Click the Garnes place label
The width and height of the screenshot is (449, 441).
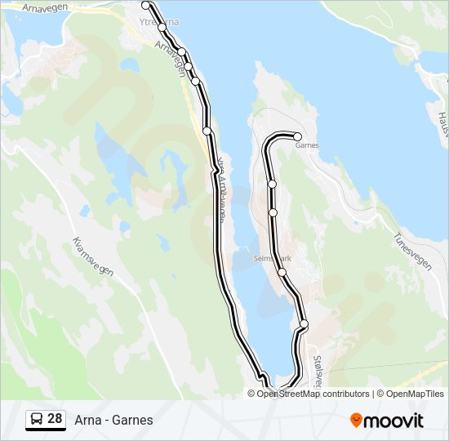[307, 145]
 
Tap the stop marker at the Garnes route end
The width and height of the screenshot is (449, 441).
[298, 136]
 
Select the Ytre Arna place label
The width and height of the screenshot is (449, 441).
[159, 22]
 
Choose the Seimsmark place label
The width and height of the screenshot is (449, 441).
[271, 257]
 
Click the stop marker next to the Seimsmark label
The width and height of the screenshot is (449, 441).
[282, 272]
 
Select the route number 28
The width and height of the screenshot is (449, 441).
[55, 419]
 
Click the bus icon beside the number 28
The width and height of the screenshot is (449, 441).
[37, 420]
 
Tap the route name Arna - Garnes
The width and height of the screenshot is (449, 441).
[113, 421]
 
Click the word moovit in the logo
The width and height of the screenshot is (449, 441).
[394, 421]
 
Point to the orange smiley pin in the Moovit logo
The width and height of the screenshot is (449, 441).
[357, 421]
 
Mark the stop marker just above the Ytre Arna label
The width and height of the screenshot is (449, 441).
[146, 6]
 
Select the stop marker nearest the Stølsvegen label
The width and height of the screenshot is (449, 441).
[305, 324]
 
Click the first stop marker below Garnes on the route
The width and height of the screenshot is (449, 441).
[272, 185]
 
